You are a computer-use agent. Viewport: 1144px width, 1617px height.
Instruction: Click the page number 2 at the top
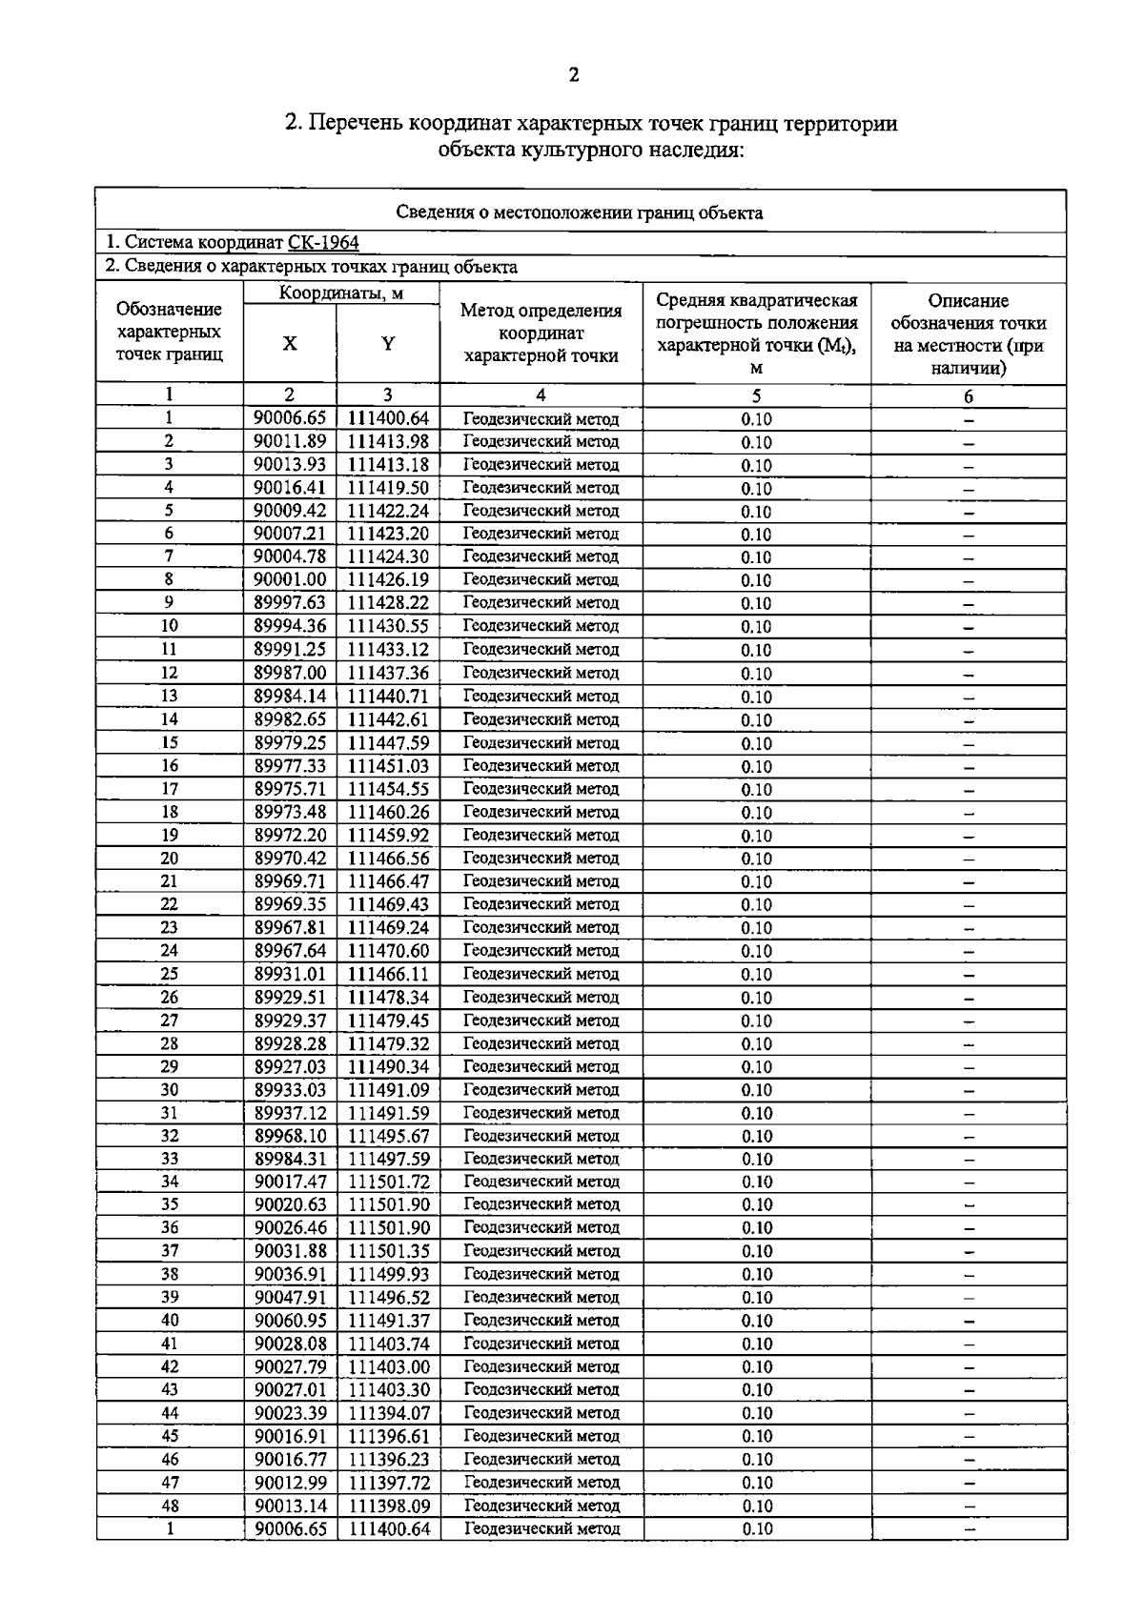[x=573, y=75]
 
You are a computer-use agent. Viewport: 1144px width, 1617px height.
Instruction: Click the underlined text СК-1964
[x=323, y=243]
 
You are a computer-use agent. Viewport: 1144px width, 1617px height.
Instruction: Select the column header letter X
[x=290, y=344]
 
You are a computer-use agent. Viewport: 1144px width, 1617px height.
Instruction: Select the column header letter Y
[x=388, y=344]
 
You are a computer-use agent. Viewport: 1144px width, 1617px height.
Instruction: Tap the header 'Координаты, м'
[x=341, y=293]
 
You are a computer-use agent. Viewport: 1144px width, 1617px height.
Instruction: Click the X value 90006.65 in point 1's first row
[x=290, y=418]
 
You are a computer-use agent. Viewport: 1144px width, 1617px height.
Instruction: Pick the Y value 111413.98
[x=388, y=441]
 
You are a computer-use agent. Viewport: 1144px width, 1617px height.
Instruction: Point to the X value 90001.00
[x=290, y=579]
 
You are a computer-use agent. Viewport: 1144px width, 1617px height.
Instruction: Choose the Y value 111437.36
[x=388, y=673]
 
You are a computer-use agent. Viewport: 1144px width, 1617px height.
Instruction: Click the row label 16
[x=169, y=765]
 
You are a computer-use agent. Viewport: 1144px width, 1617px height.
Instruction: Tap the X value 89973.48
[x=290, y=812]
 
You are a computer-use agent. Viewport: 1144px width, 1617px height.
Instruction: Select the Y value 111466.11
[x=388, y=974]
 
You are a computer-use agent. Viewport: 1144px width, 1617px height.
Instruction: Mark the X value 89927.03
[x=290, y=1066]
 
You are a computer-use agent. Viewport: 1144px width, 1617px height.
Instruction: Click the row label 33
[x=169, y=1159]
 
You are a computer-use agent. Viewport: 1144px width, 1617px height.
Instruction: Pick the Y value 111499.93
[x=388, y=1274]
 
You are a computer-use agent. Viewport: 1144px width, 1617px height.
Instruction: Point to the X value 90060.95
[x=290, y=1320]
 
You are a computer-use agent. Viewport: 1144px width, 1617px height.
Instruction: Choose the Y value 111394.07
[x=388, y=1412]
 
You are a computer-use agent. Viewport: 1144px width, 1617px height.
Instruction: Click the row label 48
[x=169, y=1506]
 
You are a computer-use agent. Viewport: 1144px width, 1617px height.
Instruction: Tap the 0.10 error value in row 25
[x=756, y=974]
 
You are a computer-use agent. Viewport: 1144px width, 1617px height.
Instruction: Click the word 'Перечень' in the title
[x=358, y=124]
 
